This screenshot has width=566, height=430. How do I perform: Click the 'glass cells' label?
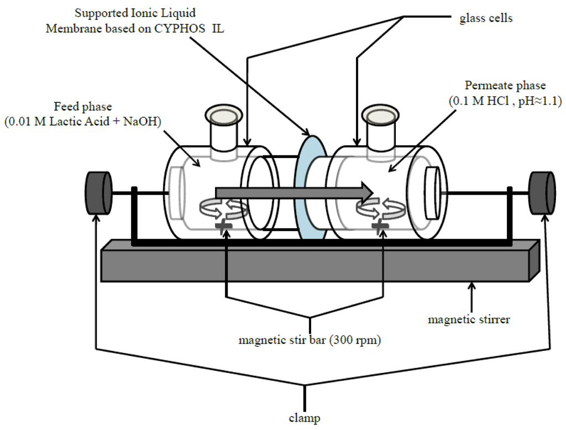coord(486,18)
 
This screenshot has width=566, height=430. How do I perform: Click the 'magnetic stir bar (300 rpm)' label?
coord(310,340)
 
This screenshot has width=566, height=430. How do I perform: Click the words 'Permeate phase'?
coord(505,86)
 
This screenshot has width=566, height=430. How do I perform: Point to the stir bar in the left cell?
coord(224,227)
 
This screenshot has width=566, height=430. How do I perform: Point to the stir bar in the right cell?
coord(379,227)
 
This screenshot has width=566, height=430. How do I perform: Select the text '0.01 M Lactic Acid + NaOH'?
coord(83,122)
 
